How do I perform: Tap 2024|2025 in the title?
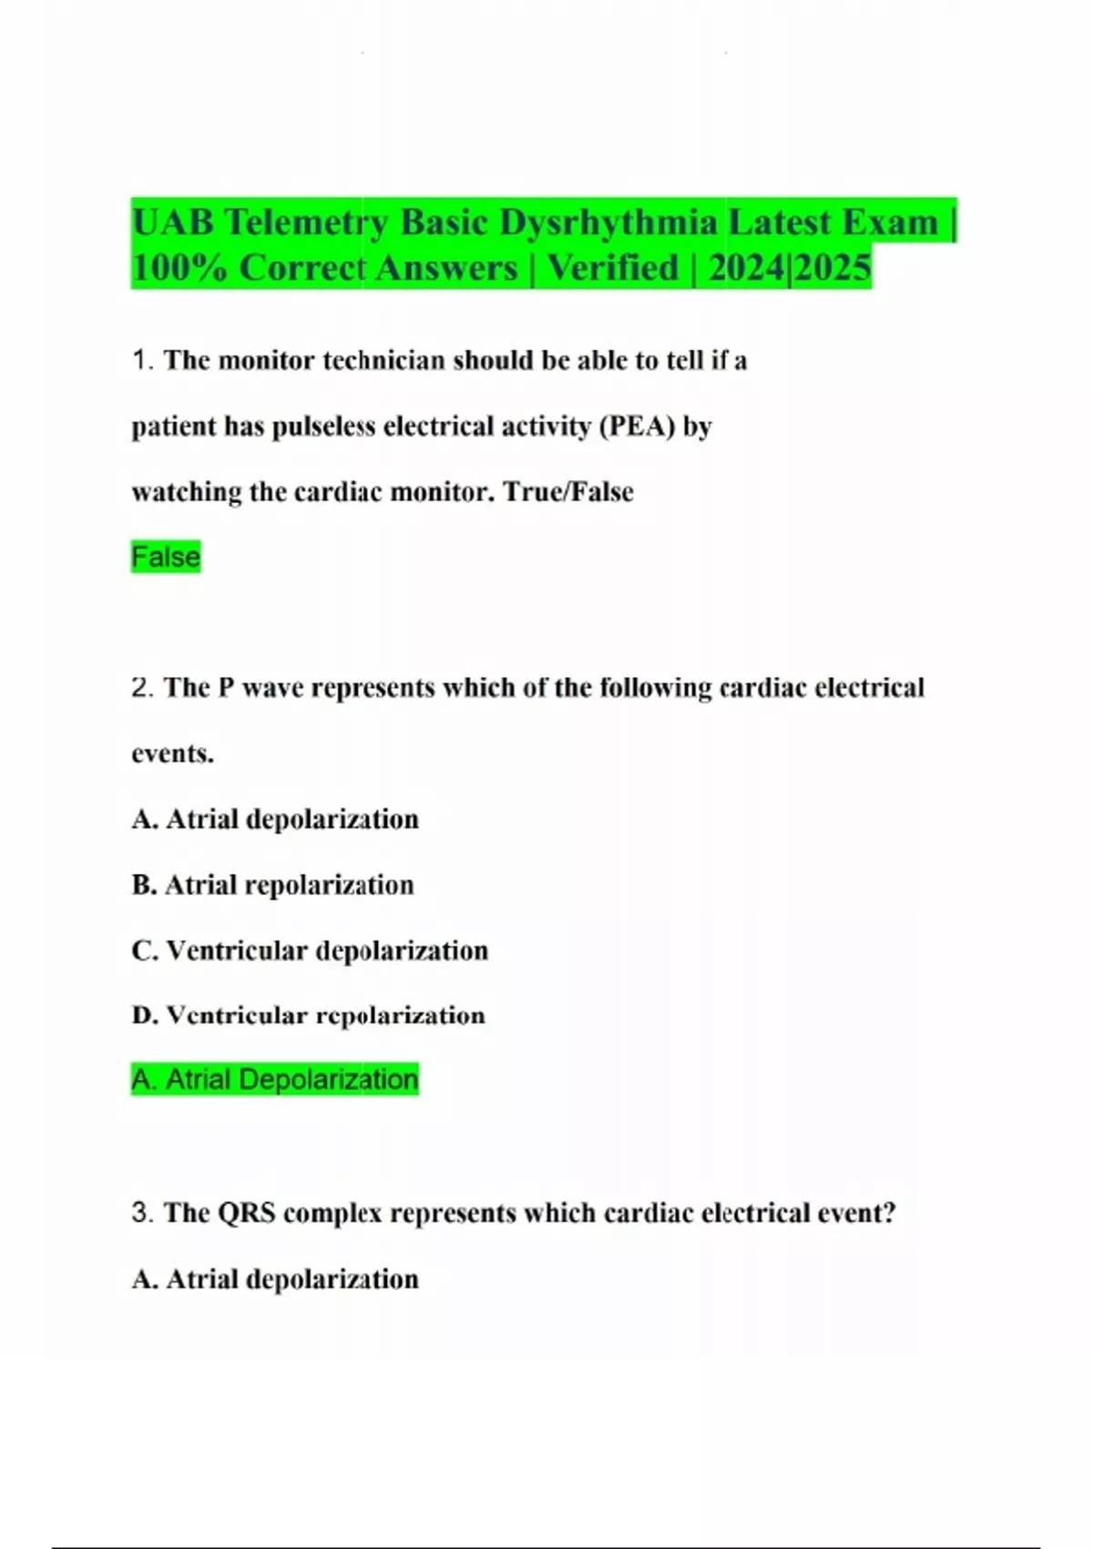click(x=790, y=269)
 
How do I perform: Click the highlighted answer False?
click(x=166, y=557)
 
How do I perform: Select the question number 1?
click(x=142, y=361)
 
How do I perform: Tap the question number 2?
click(x=142, y=688)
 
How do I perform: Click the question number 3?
click(x=142, y=1214)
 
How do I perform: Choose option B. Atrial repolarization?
click(x=273, y=885)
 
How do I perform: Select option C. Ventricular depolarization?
click(x=310, y=950)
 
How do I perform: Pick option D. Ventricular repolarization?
click(x=308, y=1016)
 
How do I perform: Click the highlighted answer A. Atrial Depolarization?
click(x=274, y=1080)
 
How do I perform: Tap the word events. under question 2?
click(x=173, y=754)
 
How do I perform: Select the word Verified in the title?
click(x=613, y=269)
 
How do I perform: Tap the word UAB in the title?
click(x=172, y=222)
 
